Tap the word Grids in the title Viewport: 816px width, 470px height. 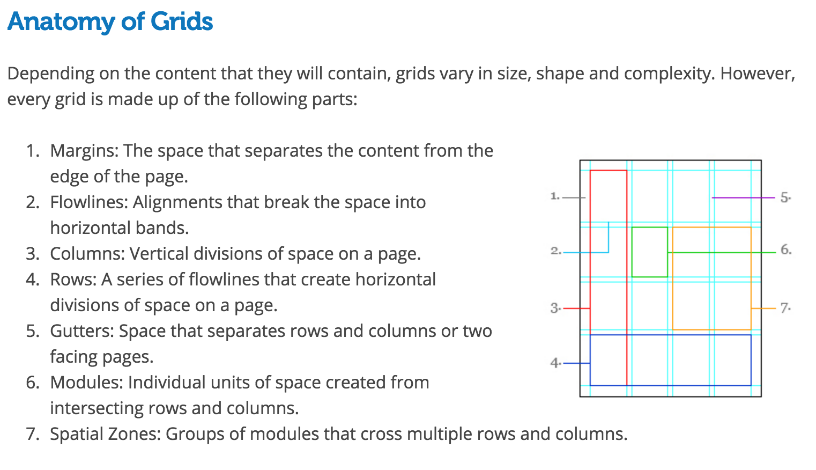[181, 22]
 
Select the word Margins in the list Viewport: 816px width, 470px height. [84, 151]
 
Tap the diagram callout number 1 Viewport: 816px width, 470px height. [554, 196]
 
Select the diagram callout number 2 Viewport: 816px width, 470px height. [555, 251]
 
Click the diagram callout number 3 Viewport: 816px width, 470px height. [554, 308]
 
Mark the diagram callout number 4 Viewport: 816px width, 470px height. [554, 363]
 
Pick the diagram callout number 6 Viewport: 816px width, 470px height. [785, 249]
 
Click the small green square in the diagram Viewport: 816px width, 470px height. [649, 252]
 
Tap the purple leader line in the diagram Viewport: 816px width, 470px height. [743, 198]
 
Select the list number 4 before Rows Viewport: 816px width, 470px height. [32, 280]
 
